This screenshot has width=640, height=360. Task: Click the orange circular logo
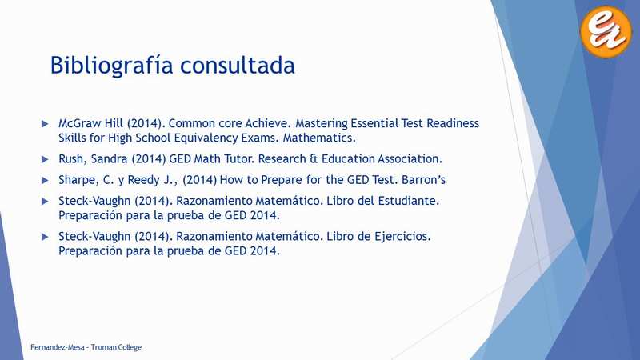coord(606,31)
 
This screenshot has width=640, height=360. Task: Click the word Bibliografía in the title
coord(111,66)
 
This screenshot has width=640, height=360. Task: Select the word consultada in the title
coord(238,66)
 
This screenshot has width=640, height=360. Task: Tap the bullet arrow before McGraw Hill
coord(45,124)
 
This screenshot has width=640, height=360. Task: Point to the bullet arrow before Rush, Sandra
coord(45,159)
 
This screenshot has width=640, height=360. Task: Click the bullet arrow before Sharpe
coord(45,181)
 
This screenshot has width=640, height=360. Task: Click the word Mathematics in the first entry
coord(319,138)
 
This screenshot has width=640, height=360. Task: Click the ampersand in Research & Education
coord(314,158)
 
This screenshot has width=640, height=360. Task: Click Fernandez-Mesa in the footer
coord(57,347)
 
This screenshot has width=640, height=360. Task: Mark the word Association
coord(410,158)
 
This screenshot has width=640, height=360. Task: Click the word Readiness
coord(453,123)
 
